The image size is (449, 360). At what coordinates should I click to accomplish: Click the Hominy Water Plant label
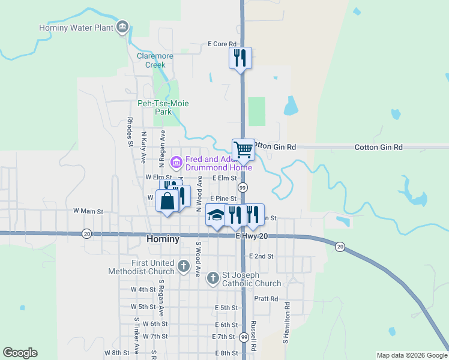(x=75, y=28)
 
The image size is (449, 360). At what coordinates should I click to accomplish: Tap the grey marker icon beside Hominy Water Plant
(x=122, y=27)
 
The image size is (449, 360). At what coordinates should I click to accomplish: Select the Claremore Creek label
(x=155, y=60)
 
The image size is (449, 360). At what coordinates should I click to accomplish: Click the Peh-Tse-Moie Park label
(x=163, y=107)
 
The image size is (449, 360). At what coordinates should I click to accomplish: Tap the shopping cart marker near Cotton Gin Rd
(x=243, y=149)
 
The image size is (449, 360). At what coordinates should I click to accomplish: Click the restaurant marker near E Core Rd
(x=240, y=58)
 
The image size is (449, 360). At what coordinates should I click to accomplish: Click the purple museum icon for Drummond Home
(x=176, y=161)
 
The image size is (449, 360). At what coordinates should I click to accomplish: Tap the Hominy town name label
(x=163, y=239)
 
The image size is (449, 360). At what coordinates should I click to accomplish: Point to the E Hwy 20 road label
(x=252, y=236)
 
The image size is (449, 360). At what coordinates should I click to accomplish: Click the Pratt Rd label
(x=266, y=298)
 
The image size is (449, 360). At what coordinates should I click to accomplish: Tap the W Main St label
(x=88, y=211)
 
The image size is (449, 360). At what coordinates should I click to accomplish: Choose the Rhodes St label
(x=130, y=131)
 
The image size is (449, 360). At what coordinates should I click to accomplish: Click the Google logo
(x=20, y=353)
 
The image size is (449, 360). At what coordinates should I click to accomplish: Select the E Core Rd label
(x=221, y=44)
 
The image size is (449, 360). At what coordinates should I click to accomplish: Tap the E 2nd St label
(x=261, y=256)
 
